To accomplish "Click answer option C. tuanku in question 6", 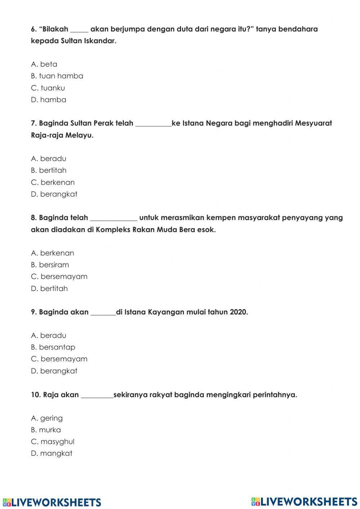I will [x=48, y=88].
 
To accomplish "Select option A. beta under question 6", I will [x=44, y=64].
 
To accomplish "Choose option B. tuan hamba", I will [x=57, y=76].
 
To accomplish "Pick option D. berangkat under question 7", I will [x=54, y=194].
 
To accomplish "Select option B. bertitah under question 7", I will [x=49, y=170].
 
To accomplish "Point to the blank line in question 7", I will [x=153, y=125].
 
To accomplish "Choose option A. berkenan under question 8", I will [x=53, y=253].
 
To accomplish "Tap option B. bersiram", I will [x=50, y=265].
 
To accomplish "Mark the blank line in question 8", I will [x=113, y=219].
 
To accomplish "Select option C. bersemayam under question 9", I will [x=59, y=359].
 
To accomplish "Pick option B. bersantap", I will [x=53, y=347].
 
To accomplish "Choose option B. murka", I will [x=46, y=430].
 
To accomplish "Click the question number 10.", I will [x=36, y=395].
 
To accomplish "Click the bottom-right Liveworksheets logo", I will [x=304, y=501].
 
